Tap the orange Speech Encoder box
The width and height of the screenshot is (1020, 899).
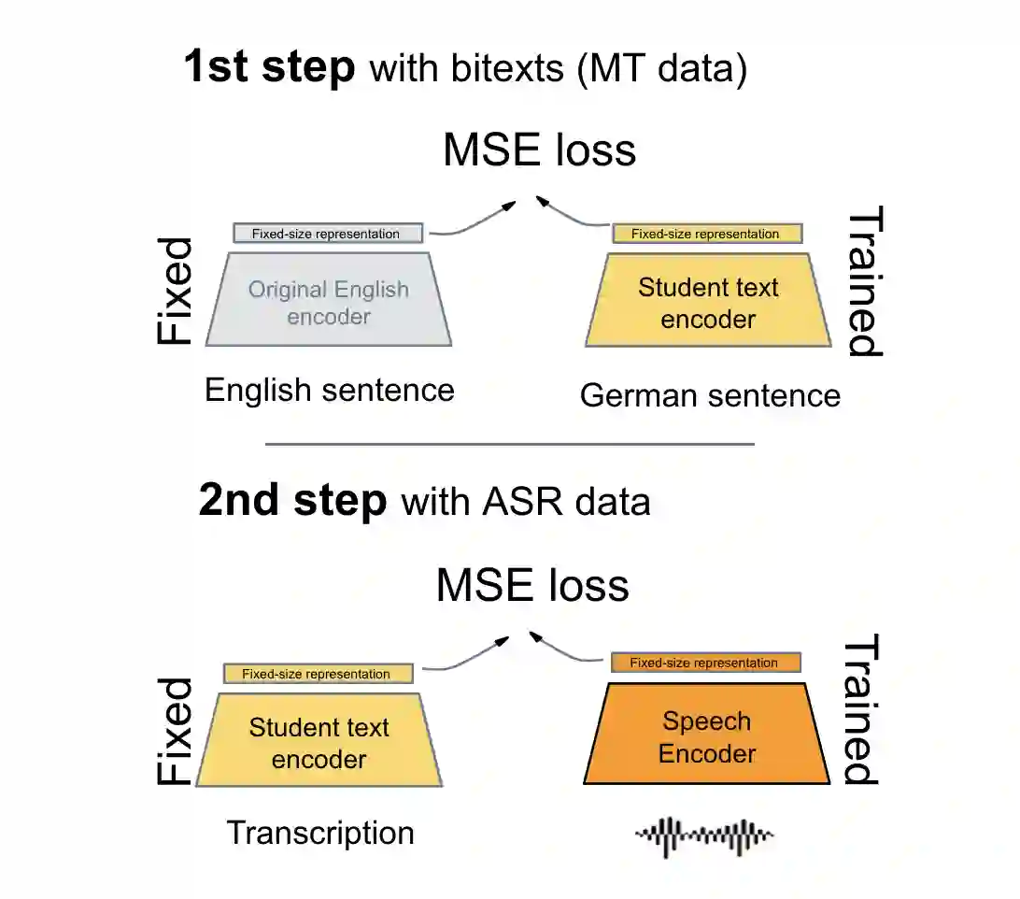pyautogui.click(x=707, y=736)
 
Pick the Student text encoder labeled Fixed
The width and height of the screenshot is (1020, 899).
pyautogui.click(x=319, y=742)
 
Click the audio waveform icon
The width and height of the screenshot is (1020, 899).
pyautogui.click(x=704, y=835)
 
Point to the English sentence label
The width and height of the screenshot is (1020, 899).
pyautogui.click(x=330, y=390)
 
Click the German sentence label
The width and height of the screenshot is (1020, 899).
pyautogui.click(x=710, y=395)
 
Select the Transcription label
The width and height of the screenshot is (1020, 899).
pyautogui.click(x=320, y=833)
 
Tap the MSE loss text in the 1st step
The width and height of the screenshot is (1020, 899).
pyautogui.click(x=539, y=150)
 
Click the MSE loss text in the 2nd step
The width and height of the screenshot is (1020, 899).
pyautogui.click(x=532, y=585)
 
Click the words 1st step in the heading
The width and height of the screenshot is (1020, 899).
pyautogui.click(x=270, y=68)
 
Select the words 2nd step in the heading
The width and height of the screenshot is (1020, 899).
pyautogui.click(x=292, y=502)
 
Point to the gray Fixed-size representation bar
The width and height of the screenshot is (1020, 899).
pyautogui.click(x=327, y=234)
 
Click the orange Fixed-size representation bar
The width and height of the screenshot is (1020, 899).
pyautogui.click(x=705, y=663)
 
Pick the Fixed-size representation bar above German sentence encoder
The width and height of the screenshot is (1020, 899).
pyautogui.click(x=707, y=234)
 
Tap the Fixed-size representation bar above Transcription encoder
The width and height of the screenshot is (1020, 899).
pyautogui.click(x=318, y=674)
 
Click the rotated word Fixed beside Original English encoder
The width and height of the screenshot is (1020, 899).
pyautogui.click(x=175, y=292)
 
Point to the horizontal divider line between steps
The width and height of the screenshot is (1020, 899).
pyautogui.click(x=510, y=444)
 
